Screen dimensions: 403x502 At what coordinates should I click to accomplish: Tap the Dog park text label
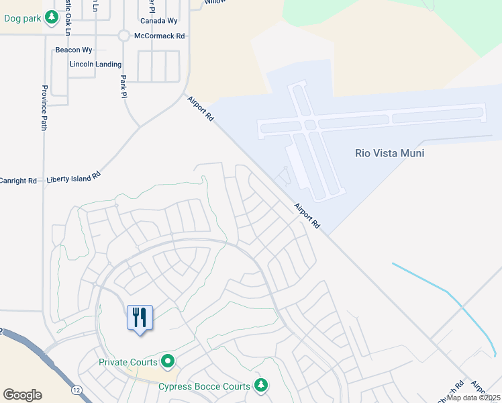pos(23,19)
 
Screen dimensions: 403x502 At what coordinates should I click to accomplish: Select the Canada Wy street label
pos(158,21)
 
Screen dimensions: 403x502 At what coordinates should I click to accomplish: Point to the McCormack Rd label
pos(159,36)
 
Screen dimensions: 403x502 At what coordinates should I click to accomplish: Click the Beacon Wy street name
pos(74,50)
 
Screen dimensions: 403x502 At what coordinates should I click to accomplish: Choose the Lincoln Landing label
pos(95,64)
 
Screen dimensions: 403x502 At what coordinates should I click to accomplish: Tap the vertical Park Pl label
pos(123,86)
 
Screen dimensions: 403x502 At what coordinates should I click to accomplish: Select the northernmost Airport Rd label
pos(200,108)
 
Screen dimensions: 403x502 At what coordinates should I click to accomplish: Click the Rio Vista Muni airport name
pos(389,153)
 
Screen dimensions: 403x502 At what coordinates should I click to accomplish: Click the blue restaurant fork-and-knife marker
pos(140,318)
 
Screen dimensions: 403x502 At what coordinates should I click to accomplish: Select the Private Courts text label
pos(128,361)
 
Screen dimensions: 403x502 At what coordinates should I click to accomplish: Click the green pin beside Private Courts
pos(168,361)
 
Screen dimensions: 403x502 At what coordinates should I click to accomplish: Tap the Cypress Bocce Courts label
pos(204,386)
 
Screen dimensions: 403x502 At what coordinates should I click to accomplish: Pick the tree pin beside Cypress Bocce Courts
pos(261,385)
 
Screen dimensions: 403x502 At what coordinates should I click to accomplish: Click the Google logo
pos(22,395)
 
